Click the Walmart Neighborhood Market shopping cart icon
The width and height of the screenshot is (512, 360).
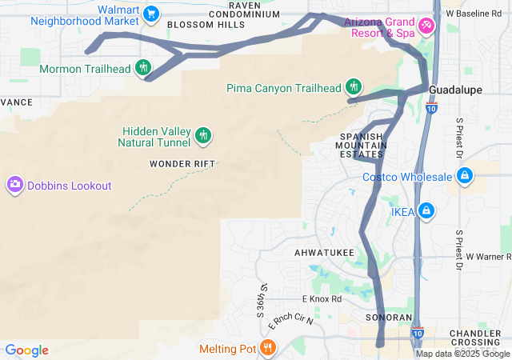[x=151, y=13]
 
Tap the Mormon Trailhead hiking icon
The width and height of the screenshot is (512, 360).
[x=144, y=68]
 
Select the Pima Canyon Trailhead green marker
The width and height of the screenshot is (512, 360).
[x=354, y=86]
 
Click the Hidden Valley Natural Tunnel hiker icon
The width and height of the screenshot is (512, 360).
[x=203, y=135]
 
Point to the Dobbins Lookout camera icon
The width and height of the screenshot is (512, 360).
[x=14, y=186]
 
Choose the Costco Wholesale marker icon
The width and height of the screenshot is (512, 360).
[x=464, y=176]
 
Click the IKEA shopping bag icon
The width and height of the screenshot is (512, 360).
[x=426, y=211]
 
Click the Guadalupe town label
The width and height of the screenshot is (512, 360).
[x=455, y=90]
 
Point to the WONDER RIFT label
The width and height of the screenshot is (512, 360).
[x=183, y=164]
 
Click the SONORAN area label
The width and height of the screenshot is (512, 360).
[x=388, y=318]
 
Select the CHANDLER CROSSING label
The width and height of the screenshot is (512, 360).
[x=475, y=338]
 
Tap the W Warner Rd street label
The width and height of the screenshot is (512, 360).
[x=488, y=257]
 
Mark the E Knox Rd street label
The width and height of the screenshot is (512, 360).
[x=322, y=298]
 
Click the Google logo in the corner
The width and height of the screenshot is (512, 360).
[x=27, y=350]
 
